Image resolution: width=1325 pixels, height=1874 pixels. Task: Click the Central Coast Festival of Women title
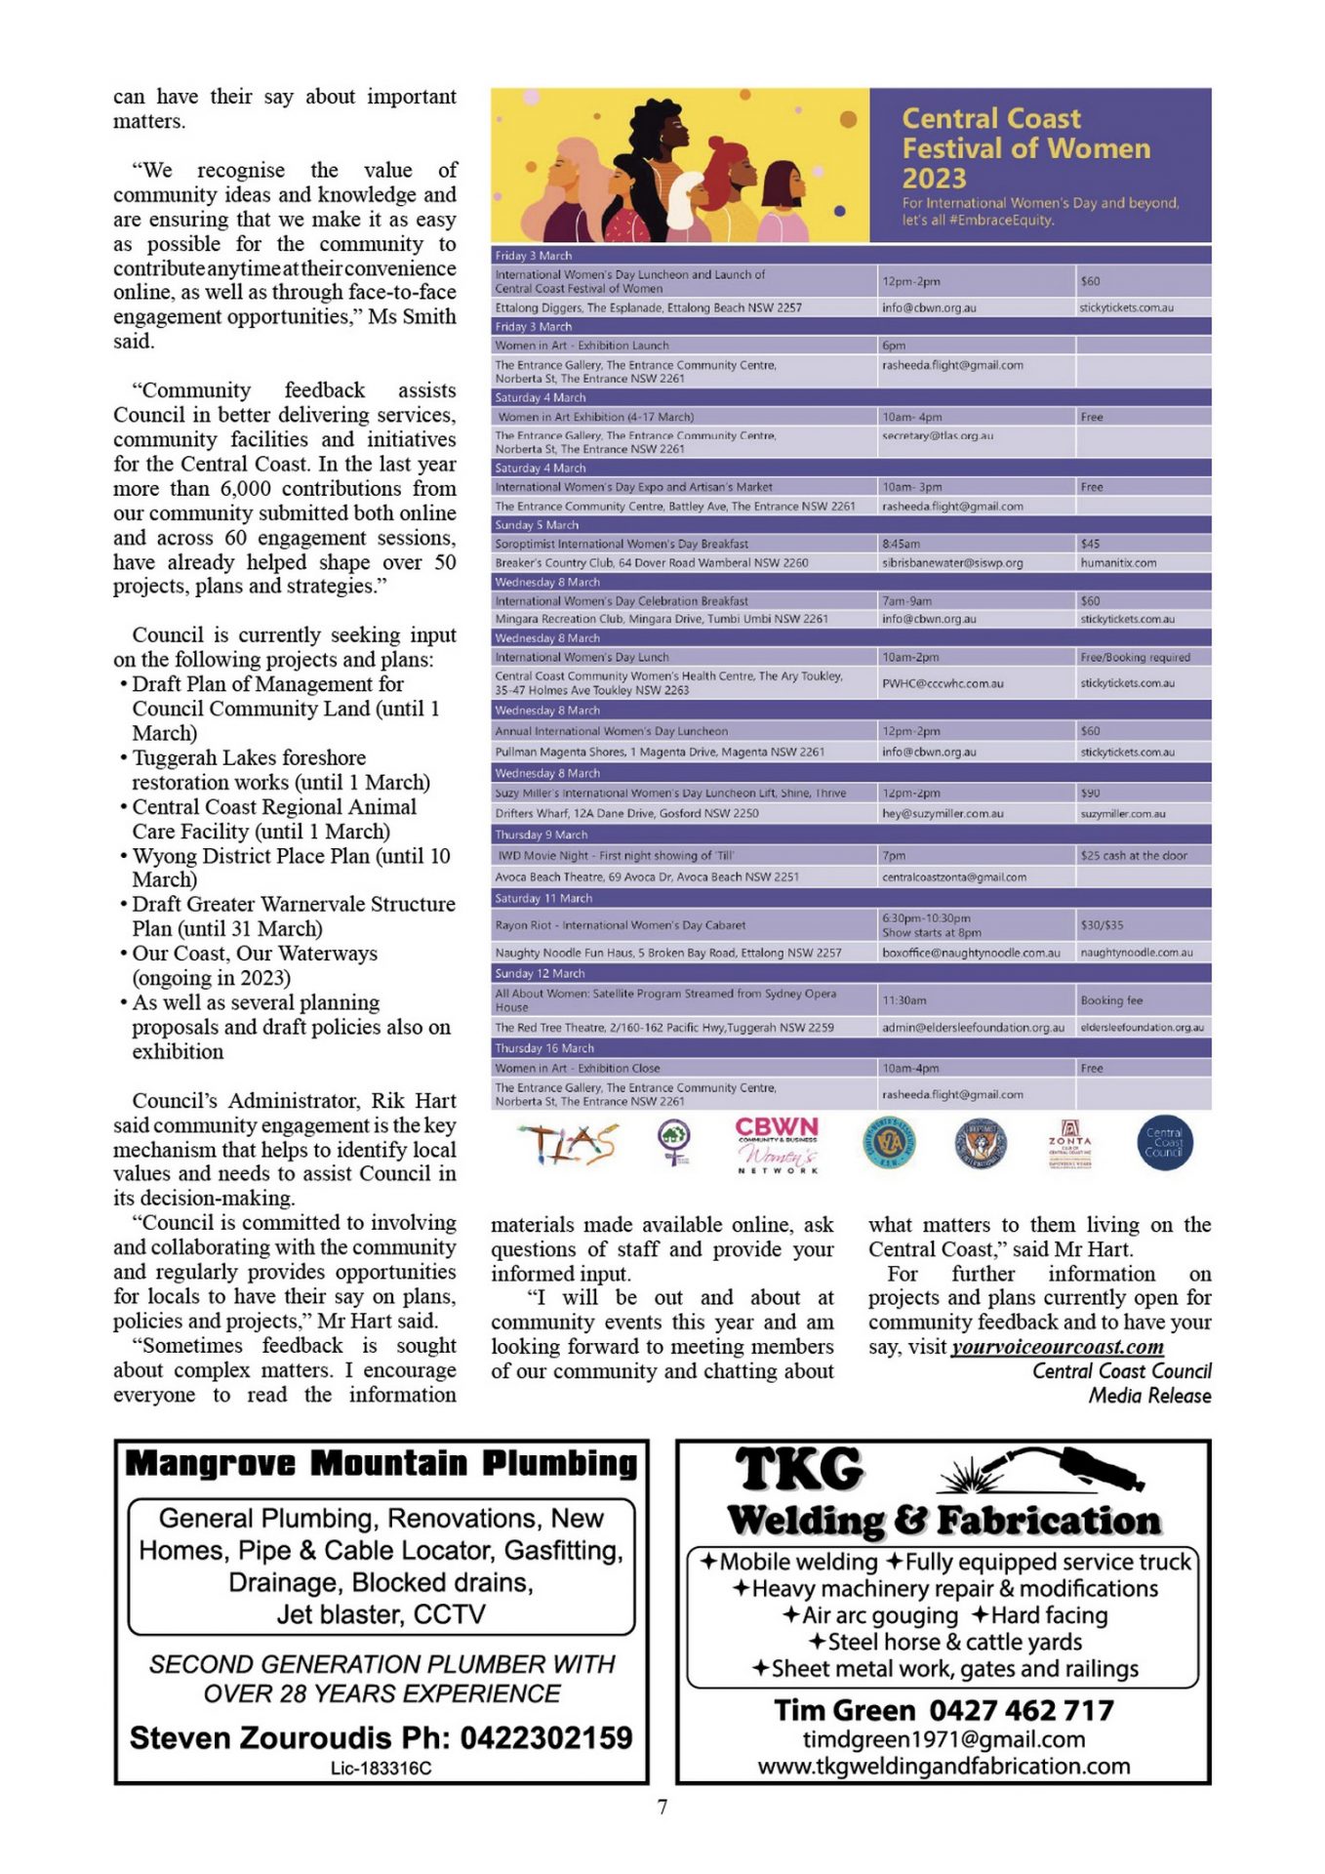point(1024,148)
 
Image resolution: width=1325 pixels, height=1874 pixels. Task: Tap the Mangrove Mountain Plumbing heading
point(381,1463)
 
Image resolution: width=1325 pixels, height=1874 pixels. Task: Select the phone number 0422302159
point(546,1738)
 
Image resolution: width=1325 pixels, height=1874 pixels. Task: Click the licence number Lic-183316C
point(381,1769)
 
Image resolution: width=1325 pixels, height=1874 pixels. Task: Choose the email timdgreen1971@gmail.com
point(944,1739)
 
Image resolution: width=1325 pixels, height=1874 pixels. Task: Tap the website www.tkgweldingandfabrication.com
point(944,1767)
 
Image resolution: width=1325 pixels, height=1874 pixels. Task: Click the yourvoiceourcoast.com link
point(1057,1347)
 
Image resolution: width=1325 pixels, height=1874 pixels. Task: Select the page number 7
point(662,1808)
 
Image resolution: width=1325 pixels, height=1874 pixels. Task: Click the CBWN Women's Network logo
point(777,1144)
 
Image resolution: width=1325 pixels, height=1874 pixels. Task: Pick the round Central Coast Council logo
point(1164,1143)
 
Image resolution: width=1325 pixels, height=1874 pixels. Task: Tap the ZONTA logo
point(1069,1143)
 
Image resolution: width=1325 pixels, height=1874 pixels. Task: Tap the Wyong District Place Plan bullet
point(291,868)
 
